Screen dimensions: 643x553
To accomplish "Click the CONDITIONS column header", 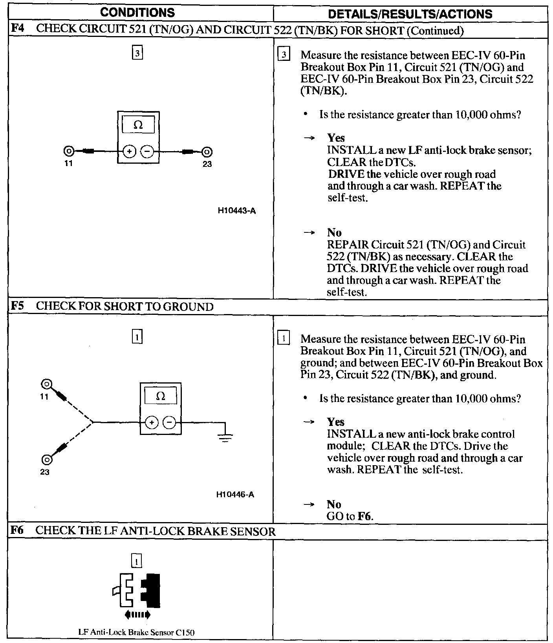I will (137, 13).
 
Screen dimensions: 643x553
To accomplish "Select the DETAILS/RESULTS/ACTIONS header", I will (410, 14).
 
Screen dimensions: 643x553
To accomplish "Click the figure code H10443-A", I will (236, 211).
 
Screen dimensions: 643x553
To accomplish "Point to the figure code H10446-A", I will (235, 495).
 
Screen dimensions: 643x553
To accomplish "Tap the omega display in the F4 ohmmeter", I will (138, 125).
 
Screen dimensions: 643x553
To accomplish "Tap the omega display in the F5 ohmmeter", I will (161, 396).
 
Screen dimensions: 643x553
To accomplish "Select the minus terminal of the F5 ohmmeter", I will (170, 422).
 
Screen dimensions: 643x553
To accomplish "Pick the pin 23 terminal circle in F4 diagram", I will (207, 152).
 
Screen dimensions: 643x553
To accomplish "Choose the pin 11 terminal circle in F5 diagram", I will (47, 384).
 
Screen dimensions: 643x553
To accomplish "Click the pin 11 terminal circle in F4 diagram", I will (69, 151).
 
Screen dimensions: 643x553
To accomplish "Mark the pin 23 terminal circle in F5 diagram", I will (47, 459).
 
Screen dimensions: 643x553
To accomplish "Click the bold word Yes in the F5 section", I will (336, 422).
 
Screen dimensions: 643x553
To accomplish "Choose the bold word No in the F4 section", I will (334, 232).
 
